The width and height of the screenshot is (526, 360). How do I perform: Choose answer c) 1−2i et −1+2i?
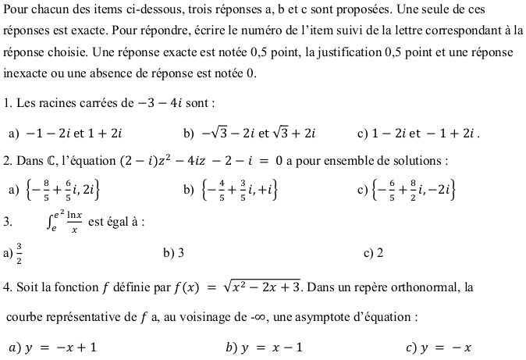tap(426, 133)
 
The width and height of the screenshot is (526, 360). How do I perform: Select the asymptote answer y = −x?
tap(445, 348)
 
